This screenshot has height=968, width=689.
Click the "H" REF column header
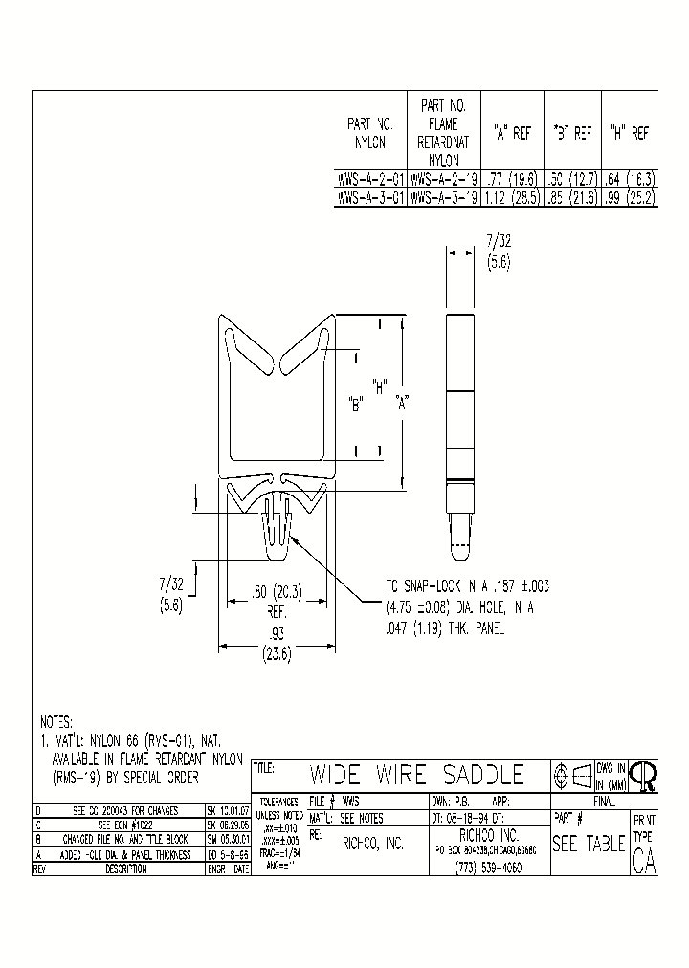(630, 135)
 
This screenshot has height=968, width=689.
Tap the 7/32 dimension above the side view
(499, 253)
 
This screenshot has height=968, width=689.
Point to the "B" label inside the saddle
(357, 404)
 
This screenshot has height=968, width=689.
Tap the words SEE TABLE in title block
(589, 845)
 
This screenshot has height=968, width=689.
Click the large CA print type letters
(644, 862)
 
